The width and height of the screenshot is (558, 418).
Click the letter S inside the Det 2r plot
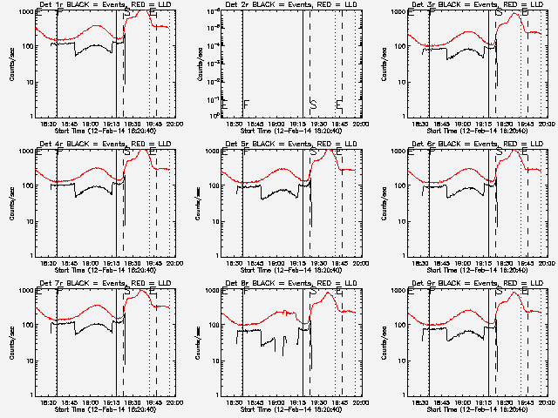pyautogui.click(x=313, y=104)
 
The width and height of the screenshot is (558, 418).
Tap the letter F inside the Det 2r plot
pyautogui.click(x=247, y=104)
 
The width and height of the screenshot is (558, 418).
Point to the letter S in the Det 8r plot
pyautogui.click(x=313, y=293)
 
